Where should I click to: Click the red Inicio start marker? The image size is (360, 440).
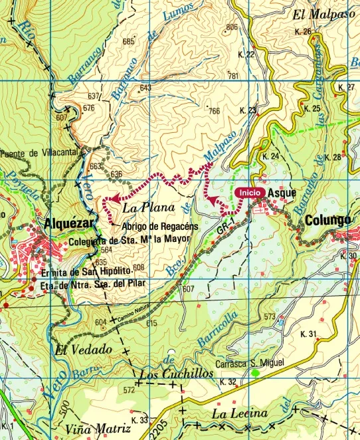pyautogui.click(x=250, y=191)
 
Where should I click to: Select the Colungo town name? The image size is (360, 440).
pyautogui.click(x=328, y=220)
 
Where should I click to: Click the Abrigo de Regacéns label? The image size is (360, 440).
pyautogui.click(x=160, y=226)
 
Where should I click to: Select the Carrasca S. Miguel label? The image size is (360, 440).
pyautogui.click(x=250, y=364)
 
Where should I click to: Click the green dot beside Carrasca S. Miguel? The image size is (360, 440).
pyautogui.click(x=256, y=374)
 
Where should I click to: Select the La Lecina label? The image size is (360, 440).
pyautogui.click(x=240, y=414)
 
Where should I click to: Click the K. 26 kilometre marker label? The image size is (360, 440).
pyautogui.click(x=302, y=31)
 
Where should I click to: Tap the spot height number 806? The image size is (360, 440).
pyautogui.click(x=231, y=27)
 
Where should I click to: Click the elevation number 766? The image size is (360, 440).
pyautogui.click(x=213, y=111)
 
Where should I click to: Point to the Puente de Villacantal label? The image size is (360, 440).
pyautogui.click(x=39, y=152)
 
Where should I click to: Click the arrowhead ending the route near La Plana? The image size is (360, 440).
pyautogui.click(x=114, y=198)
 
